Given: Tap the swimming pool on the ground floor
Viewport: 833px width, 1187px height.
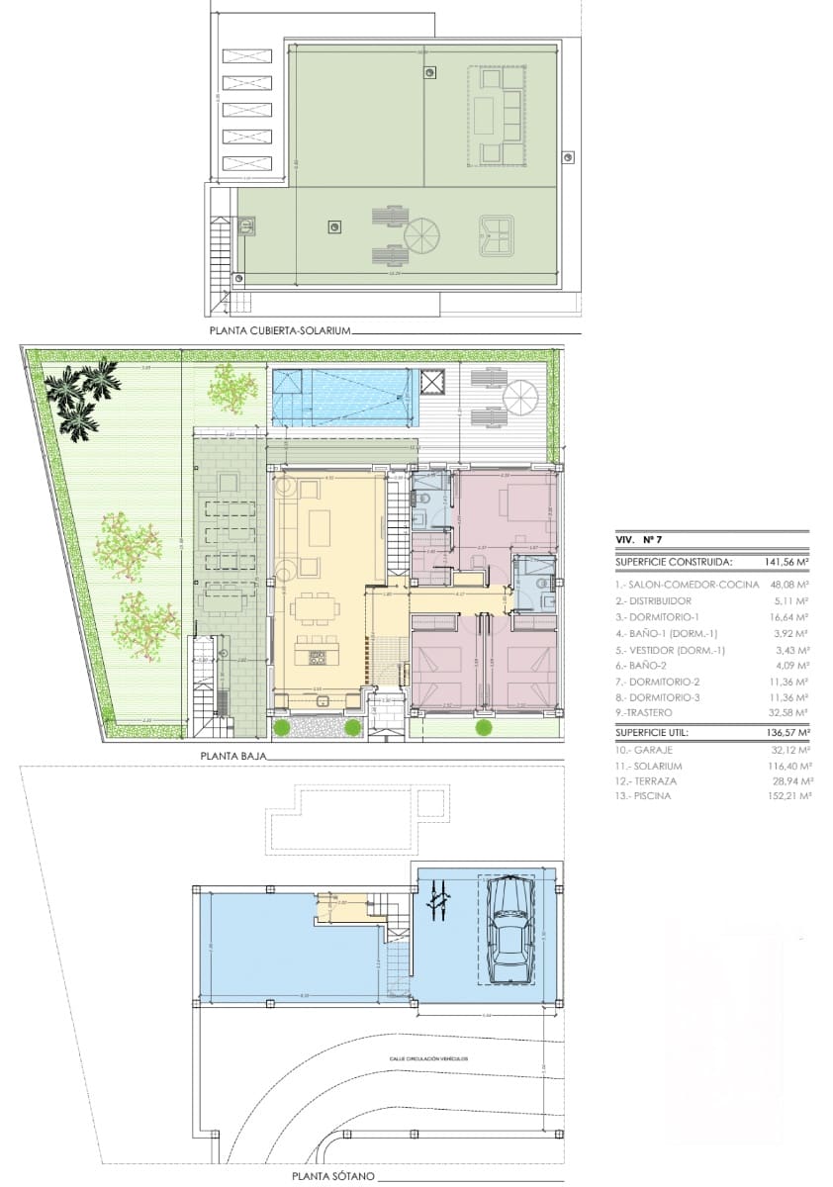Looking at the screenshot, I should (x=341, y=397).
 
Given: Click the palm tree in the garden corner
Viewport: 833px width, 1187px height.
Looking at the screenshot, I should (x=87, y=396).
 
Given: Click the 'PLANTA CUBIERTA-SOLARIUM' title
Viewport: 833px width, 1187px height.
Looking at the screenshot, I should (x=280, y=331).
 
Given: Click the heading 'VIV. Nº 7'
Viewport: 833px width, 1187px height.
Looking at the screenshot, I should (x=639, y=540).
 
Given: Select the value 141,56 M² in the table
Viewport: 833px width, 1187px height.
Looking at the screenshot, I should (x=787, y=561).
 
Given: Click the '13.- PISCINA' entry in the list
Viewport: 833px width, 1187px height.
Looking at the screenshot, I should (x=643, y=796).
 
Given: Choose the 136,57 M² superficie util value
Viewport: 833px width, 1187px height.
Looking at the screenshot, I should (x=787, y=733).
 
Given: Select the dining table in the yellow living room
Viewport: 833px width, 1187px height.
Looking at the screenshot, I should (x=319, y=606).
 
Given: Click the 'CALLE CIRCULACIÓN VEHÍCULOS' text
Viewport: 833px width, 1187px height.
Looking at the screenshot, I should (x=427, y=1058).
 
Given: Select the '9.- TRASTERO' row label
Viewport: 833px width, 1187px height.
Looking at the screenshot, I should (x=643, y=712).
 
